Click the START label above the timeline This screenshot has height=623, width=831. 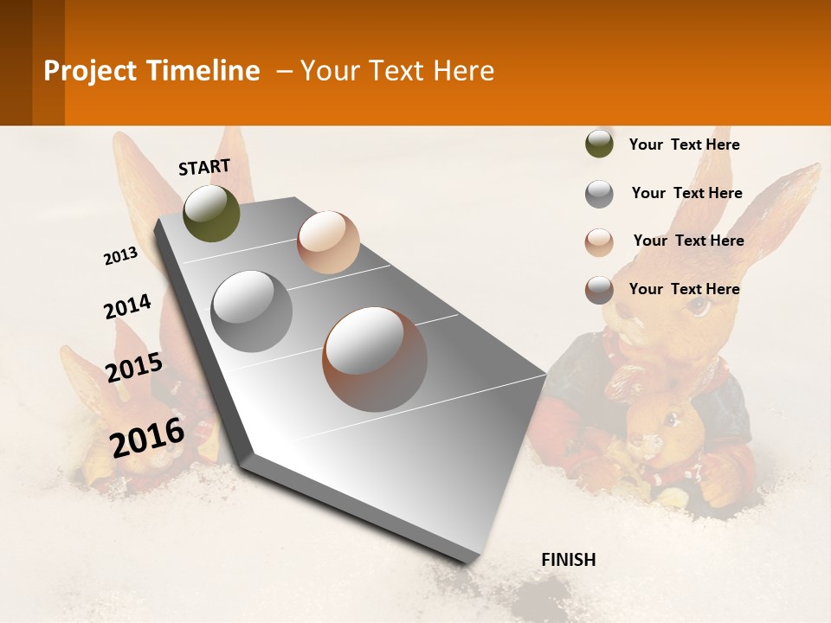coord(204,167)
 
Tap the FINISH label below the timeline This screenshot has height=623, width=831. coord(568,560)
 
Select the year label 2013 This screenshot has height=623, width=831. coord(120,256)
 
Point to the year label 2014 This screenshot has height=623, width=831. coord(127,307)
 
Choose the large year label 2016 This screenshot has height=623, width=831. coord(148,438)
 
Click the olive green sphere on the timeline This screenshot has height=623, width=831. coord(211,213)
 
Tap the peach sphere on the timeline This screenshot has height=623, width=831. coord(328,241)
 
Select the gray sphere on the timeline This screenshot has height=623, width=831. coord(251,311)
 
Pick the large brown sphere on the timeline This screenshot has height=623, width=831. coord(375,359)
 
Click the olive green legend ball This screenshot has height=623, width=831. coord(599,144)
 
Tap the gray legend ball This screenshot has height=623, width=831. coord(599,194)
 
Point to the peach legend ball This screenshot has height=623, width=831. coord(599,242)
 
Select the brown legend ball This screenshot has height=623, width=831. coord(599,290)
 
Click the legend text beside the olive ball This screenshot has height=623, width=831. coord(684,145)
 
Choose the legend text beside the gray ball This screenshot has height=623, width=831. coord(686,193)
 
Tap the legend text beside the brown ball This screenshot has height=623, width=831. coord(684,289)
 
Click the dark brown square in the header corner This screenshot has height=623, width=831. coord(32,62)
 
